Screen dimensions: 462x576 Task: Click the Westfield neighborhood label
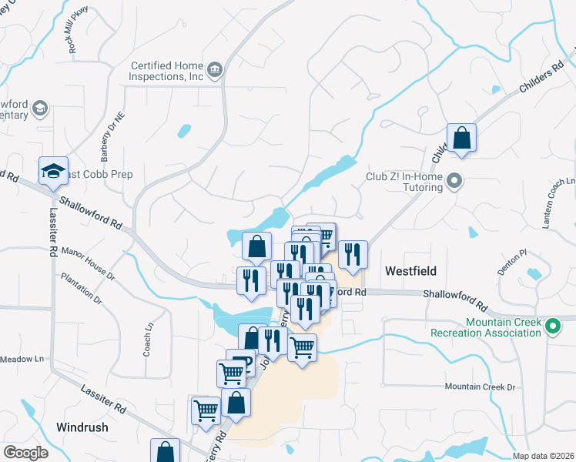pyautogui.click(x=410, y=271)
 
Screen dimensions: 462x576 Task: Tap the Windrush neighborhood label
pyautogui.click(x=82, y=427)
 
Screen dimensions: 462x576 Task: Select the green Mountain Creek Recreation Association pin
pyautogui.click(x=552, y=326)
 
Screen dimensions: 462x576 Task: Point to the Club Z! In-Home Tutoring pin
pyautogui.click(x=454, y=182)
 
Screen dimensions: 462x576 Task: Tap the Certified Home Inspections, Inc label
pyautogui.click(x=167, y=72)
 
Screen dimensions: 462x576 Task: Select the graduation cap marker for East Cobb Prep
pyautogui.click(x=53, y=172)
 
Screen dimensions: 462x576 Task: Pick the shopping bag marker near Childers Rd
pyautogui.click(x=461, y=139)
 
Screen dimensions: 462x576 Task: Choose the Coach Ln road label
pyautogui.click(x=147, y=340)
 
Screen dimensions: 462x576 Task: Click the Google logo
pyautogui.click(x=25, y=453)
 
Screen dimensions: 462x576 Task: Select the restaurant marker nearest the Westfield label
pyautogui.click(x=353, y=254)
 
